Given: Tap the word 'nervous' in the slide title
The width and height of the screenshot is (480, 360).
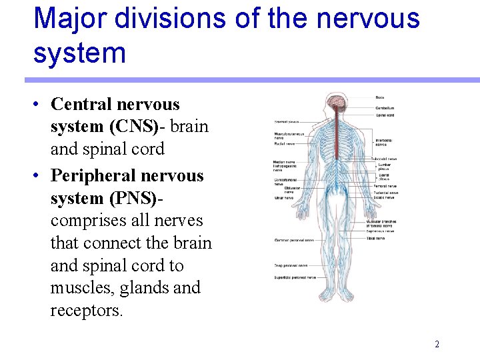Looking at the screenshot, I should coord(368,18).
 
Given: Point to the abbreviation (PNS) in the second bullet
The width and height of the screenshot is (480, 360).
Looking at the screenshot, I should coord(129,198).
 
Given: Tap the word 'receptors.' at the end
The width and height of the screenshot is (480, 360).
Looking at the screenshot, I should coord(87,311).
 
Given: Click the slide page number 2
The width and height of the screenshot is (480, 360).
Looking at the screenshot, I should coord(437,345).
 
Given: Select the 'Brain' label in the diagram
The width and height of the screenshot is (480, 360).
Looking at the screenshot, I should coord(379,99).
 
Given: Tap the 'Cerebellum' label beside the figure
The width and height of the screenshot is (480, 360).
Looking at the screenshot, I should coord(385,107).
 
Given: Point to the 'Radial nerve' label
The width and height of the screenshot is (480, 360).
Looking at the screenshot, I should coord(285,143).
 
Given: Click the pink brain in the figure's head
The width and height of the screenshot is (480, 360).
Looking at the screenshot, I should coord(335,103).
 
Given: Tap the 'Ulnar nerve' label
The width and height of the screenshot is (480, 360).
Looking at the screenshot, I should coord(283,198).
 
